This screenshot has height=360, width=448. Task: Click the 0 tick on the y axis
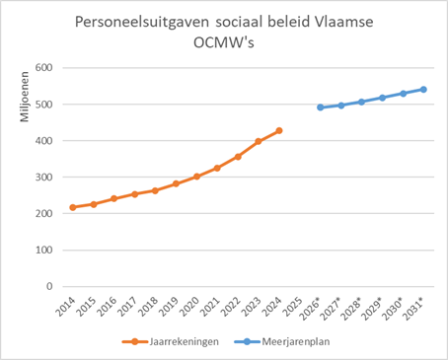46,287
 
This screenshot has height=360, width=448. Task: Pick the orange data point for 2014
73,207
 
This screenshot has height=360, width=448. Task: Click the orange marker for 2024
279,130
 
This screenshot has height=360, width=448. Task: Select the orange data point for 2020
197,177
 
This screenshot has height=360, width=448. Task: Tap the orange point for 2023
259,142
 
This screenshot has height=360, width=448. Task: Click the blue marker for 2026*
321,108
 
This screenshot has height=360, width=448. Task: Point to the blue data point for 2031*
423,89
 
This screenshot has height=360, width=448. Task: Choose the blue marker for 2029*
382,98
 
